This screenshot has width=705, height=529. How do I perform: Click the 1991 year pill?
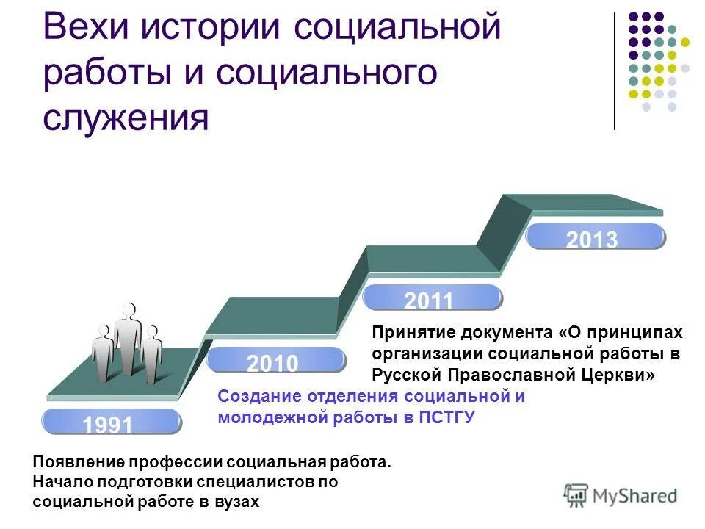(111, 422)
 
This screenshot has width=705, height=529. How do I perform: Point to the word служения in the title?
(125, 118)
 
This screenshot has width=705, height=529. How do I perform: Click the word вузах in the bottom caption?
(236, 501)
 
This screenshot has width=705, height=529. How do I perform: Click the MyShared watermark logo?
(621, 496)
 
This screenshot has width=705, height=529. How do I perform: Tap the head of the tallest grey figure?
(129, 310)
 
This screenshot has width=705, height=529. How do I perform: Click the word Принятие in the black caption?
(409, 334)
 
